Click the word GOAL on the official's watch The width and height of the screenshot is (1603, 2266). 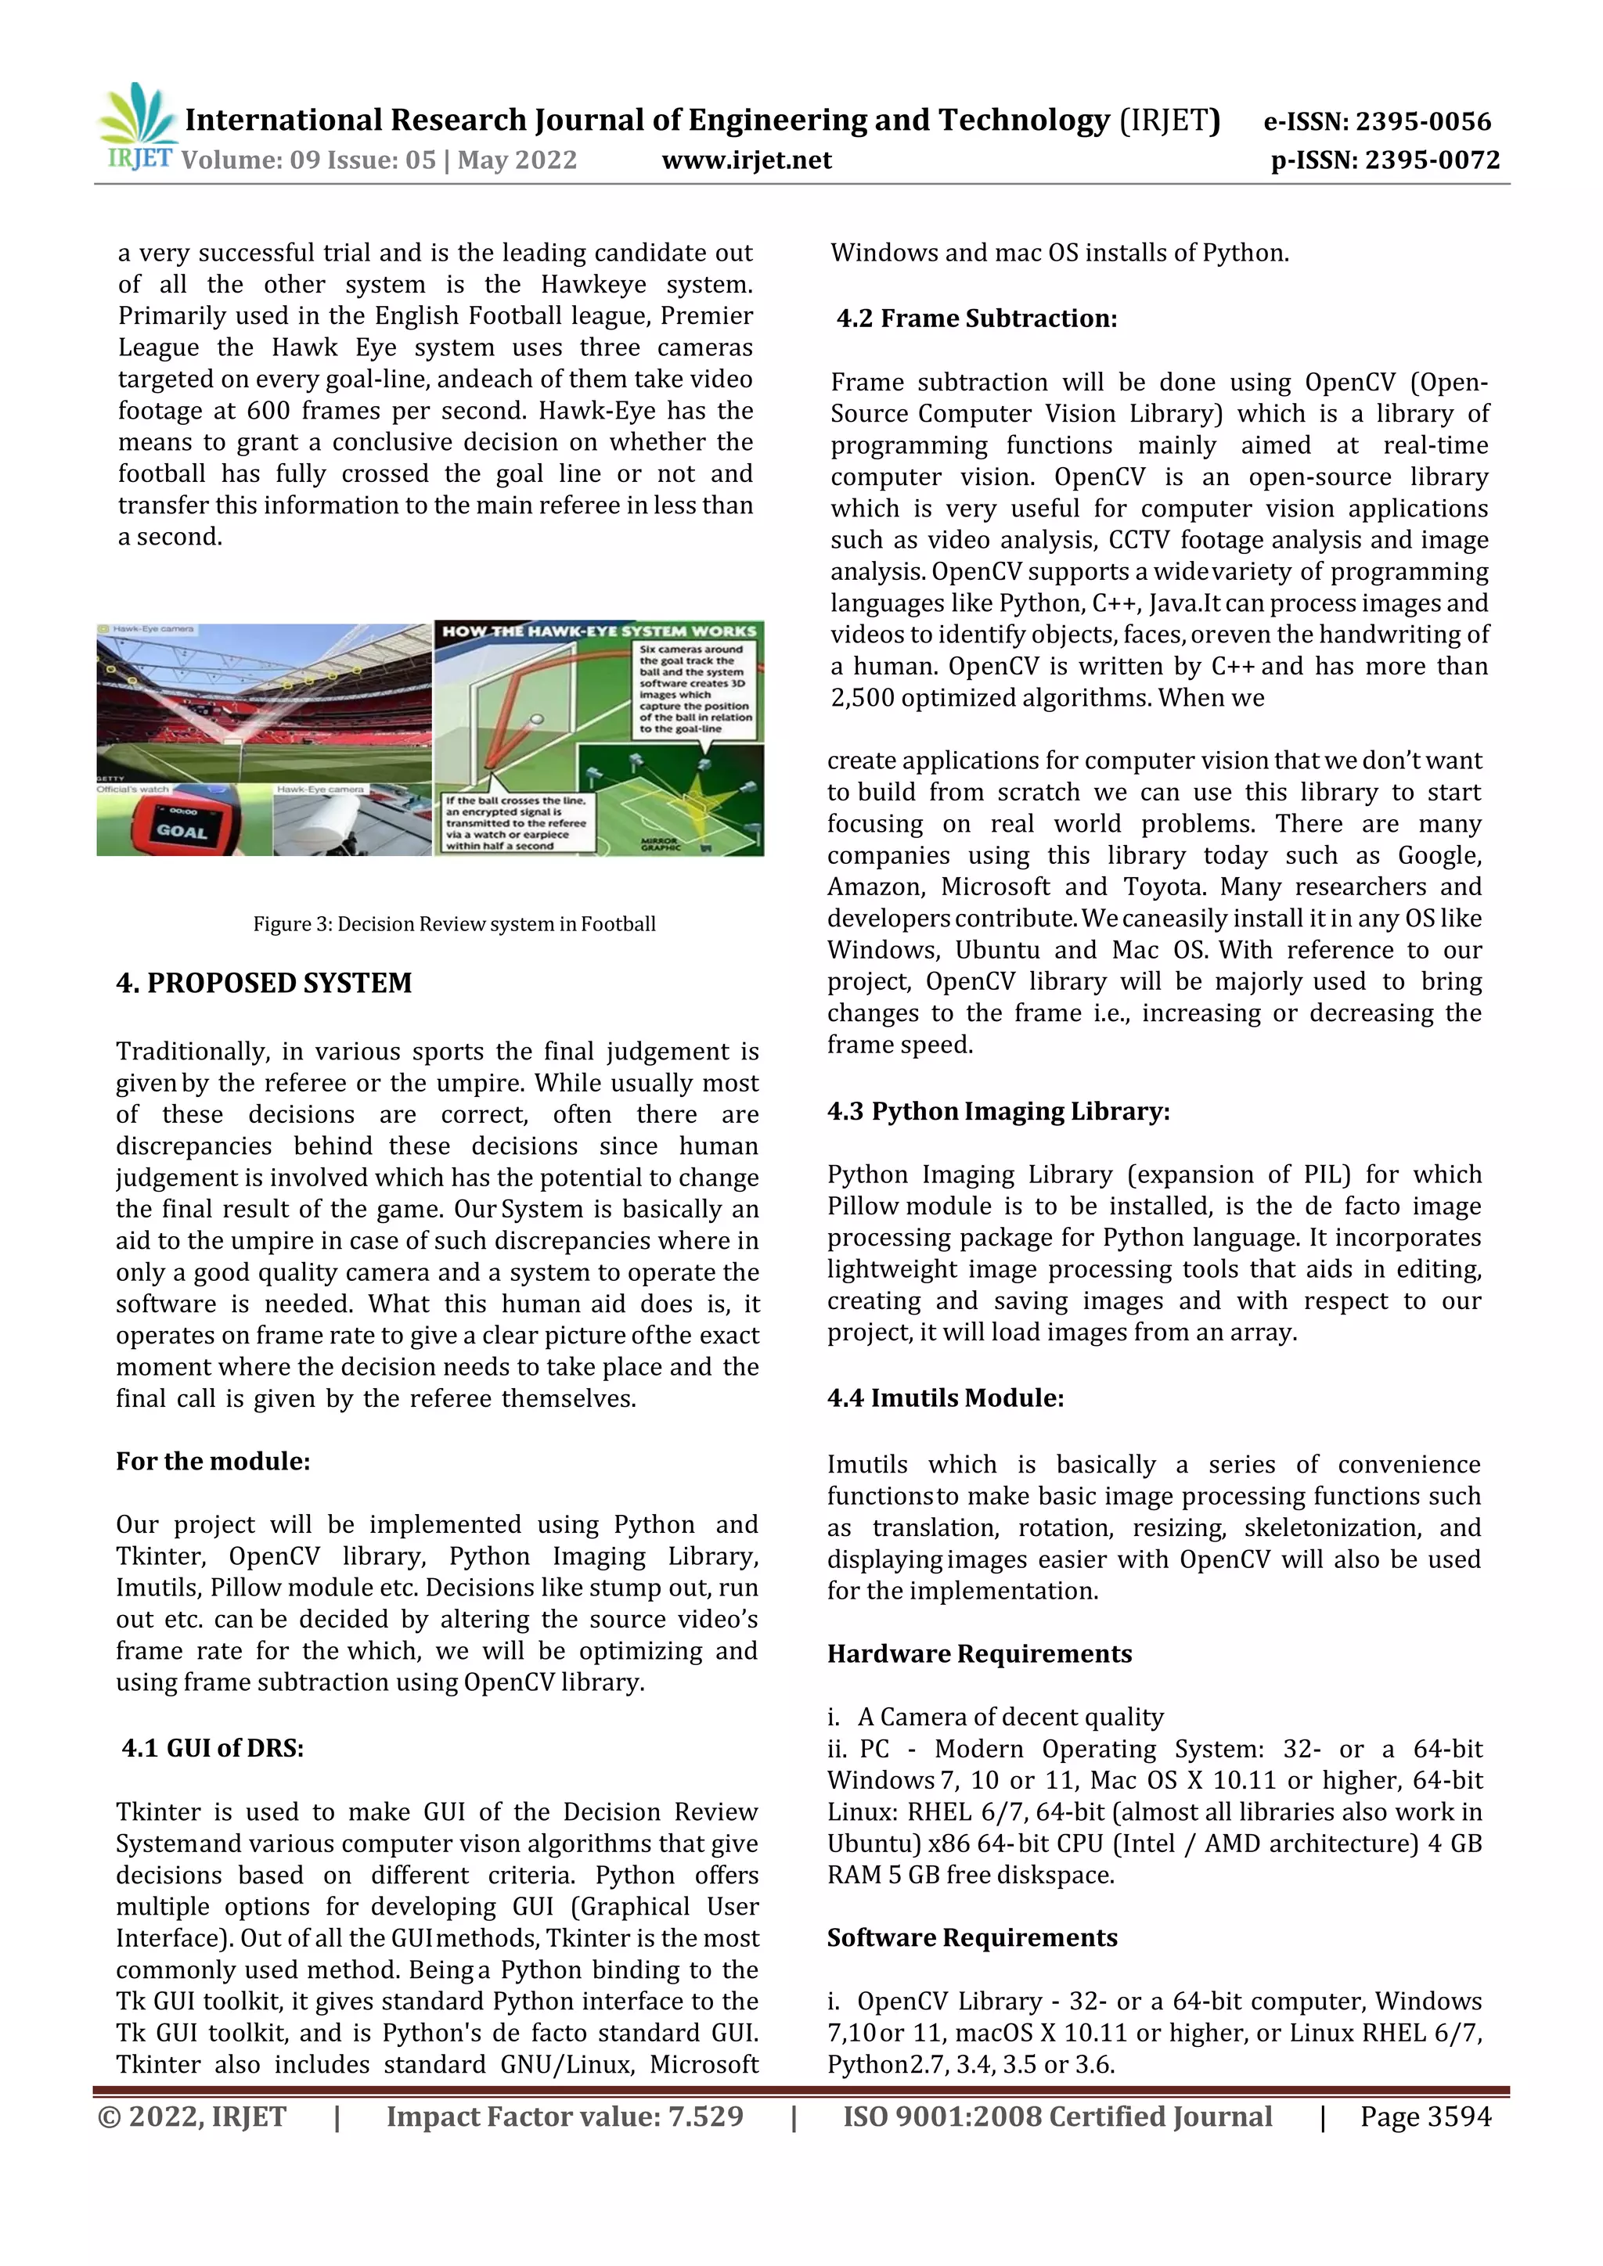coord(182,831)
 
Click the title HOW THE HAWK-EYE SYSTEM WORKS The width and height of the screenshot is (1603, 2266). coord(599,631)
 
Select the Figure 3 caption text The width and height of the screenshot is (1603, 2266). coord(454,924)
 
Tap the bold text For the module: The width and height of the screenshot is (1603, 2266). coord(212,1461)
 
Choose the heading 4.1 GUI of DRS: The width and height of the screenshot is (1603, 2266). coord(212,1748)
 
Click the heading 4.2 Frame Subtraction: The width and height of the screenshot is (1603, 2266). coord(976,318)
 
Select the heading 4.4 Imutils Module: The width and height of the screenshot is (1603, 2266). coord(945,1397)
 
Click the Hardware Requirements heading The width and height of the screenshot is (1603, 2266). coord(979,1653)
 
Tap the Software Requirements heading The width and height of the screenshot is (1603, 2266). coord(971,1937)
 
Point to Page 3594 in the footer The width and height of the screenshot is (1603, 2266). coord(1425,2116)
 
